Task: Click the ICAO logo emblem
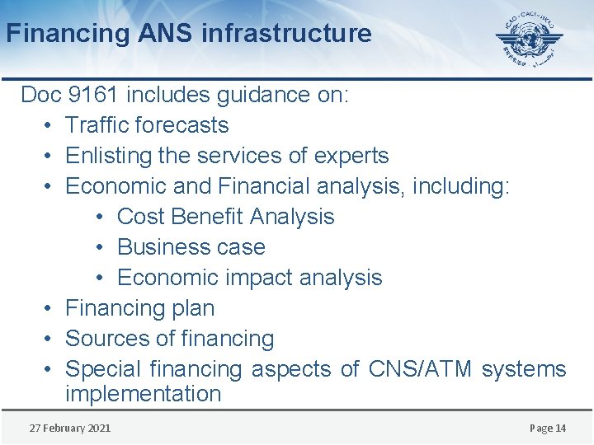point(529,39)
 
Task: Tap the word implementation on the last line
point(143,394)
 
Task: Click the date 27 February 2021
point(69,428)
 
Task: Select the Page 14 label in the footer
point(548,428)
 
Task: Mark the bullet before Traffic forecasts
point(47,126)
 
